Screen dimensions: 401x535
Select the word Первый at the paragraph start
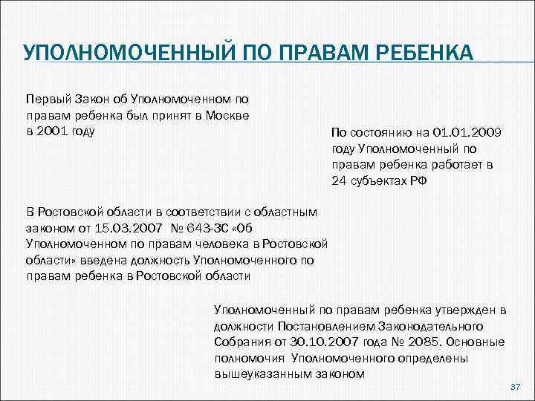tap(46, 99)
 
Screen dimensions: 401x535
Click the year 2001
tap(53, 131)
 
